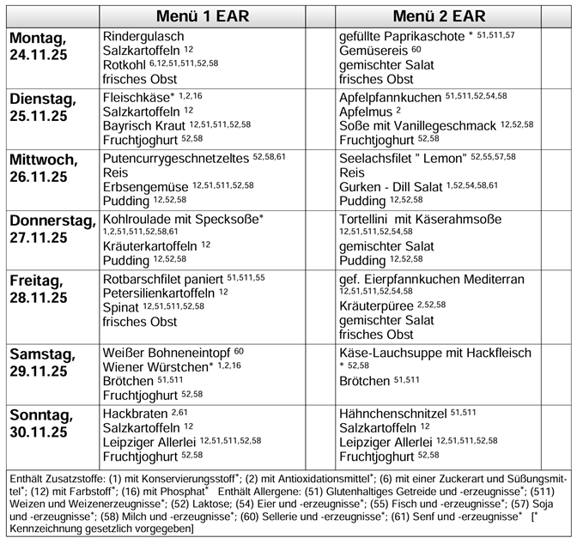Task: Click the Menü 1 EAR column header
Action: click(x=202, y=16)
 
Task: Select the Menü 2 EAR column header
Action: click(x=439, y=16)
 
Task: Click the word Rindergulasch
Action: click(x=143, y=37)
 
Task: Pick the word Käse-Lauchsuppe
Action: click(x=389, y=353)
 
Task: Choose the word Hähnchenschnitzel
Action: click(x=392, y=413)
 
